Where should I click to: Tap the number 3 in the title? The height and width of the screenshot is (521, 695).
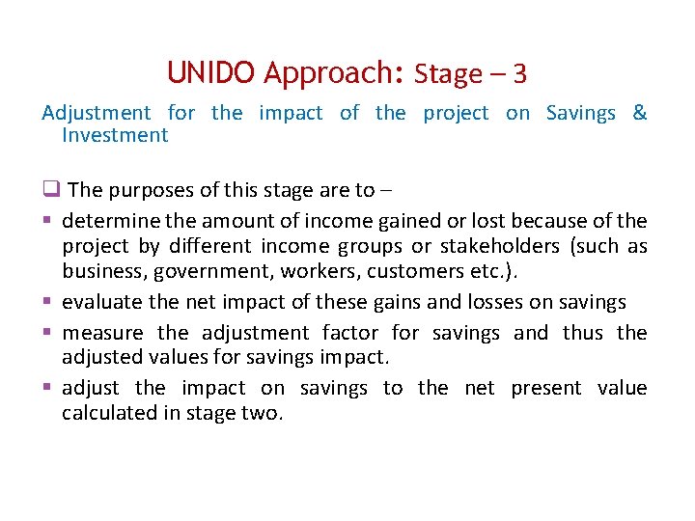coord(519,74)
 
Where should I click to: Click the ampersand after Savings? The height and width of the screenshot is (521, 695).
coord(639,113)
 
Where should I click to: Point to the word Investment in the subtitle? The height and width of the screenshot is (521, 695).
coord(115,135)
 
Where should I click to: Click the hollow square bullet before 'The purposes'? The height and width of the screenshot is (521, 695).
coord(51,190)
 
